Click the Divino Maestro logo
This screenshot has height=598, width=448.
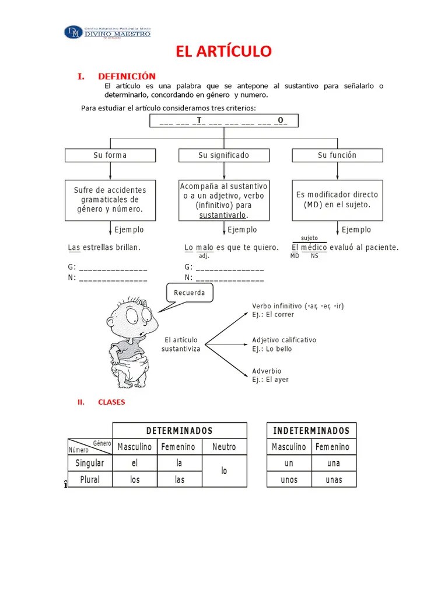coord(107,32)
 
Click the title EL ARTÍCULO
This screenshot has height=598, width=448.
coord(224,51)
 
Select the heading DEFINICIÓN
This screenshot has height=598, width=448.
coord(127,77)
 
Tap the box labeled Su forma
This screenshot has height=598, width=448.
coord(110,155)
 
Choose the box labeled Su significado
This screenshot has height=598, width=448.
coord(223,155)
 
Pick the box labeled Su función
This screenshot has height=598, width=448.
coord(337,155)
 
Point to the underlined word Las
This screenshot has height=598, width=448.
coord(74,248)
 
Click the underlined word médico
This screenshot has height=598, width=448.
coord(314,248)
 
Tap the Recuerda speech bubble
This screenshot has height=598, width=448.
coord(190,293)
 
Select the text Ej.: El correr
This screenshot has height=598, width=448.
coord(273,315)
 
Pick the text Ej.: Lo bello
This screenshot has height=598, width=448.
coord(272,349)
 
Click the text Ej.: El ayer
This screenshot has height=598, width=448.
coord(270,380)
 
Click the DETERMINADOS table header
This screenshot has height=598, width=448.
coord(179,431)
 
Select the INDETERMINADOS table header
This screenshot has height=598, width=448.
coord(311,431)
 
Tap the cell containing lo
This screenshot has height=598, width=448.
coord(224,471)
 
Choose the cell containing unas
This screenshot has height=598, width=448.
coord(334,480)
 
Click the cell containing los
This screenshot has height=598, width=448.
coord(135,480)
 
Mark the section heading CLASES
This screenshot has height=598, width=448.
coord(111,402)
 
